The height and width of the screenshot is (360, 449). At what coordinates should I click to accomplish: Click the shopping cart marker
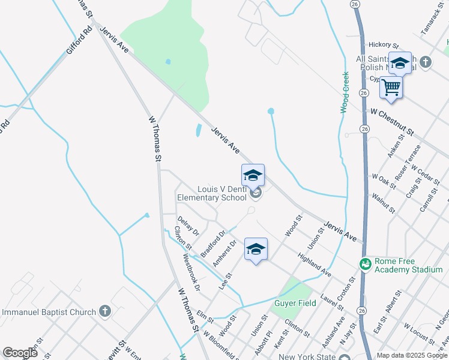(x=391, y=88)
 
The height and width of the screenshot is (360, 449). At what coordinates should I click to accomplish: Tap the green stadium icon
(x=365, y=264)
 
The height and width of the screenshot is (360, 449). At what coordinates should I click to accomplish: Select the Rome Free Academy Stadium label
(x=408, y=265)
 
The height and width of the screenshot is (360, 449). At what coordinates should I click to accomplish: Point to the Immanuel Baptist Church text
(x=49, y=311)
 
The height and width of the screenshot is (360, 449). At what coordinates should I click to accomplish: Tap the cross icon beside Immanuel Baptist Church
(x=105, y=311)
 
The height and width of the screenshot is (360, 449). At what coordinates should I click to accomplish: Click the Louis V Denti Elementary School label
(x=211, y=193)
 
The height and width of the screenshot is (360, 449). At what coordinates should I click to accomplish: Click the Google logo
(x=20, y=353)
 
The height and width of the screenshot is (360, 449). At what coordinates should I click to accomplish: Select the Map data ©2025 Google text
(x=412, y=355)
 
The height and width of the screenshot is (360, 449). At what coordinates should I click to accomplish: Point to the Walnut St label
(x=383, y=203)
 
